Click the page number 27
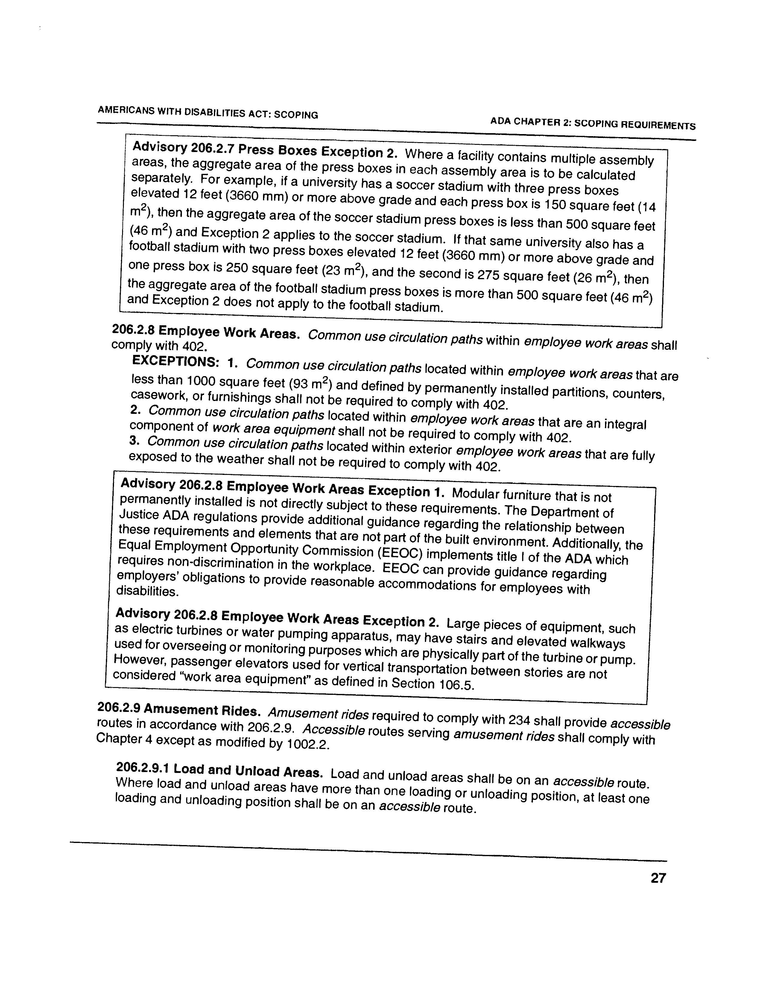[x=658, y=878]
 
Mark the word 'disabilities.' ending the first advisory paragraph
[x=139, y=591]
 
